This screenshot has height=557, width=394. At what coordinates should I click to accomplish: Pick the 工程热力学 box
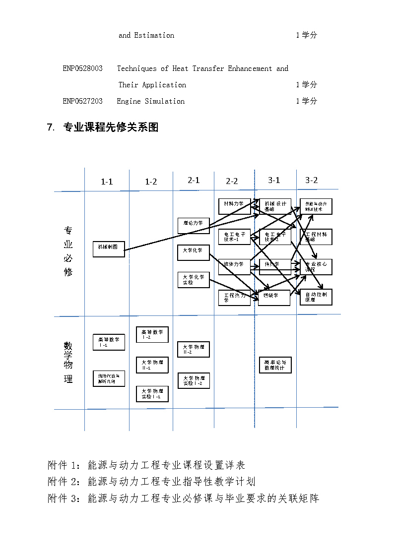(234, 298)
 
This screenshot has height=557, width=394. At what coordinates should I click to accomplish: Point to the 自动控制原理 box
(316, 297)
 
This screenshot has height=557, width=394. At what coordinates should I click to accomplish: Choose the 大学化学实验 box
(193, 280)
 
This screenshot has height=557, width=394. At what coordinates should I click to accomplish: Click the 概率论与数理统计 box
(275, 365)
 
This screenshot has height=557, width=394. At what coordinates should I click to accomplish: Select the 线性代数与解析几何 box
(109, 378)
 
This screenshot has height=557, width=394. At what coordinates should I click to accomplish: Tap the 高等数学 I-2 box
(152, 334)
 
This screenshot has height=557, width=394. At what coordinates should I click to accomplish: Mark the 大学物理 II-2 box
(193, 349)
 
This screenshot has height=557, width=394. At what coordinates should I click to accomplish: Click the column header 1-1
(107, 182)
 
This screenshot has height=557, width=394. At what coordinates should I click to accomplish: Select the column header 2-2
(232, 182)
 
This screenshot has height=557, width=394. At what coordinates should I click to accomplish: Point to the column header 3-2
(311, 181)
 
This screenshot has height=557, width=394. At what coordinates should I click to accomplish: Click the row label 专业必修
(68, 251)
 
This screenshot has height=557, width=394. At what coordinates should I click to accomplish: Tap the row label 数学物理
(68, 362)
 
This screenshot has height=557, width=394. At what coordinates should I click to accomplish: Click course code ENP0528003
(82, 68)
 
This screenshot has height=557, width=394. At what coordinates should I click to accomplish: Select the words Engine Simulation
(150, 101)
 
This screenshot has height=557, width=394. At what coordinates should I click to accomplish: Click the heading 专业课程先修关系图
(111, 127)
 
